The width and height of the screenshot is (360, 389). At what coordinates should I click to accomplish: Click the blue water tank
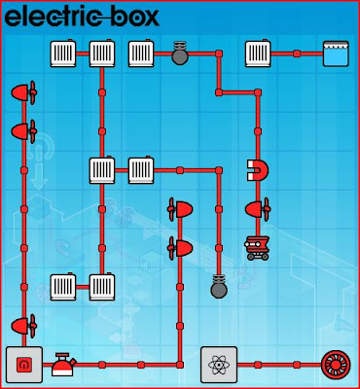336,53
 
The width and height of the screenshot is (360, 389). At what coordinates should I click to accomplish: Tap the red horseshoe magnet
258,170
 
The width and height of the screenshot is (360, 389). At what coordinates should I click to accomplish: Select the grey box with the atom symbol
219,365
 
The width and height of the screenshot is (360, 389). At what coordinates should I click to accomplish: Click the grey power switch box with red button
23,365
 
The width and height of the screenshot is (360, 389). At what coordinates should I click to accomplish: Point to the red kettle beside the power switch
64,365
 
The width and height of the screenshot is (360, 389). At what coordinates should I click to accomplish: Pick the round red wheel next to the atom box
336,365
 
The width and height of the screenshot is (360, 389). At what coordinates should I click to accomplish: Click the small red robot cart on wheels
258,247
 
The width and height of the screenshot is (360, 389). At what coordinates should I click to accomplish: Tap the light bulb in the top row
180,53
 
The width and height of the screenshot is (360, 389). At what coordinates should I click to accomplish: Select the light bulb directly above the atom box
219,286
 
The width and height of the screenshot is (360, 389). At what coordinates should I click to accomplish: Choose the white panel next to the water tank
258,53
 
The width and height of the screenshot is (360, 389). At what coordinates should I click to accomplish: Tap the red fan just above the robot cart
258,208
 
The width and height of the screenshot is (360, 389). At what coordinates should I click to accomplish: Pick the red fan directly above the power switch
23,325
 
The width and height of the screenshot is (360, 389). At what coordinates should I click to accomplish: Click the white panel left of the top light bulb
141,53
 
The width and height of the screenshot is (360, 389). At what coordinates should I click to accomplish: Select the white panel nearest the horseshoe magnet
141,170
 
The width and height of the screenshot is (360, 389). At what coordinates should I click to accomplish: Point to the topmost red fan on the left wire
23,92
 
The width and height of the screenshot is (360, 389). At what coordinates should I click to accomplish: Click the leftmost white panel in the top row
63,53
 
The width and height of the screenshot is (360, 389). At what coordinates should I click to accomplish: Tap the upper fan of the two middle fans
180,208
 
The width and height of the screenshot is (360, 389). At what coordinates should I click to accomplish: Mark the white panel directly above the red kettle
63,286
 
